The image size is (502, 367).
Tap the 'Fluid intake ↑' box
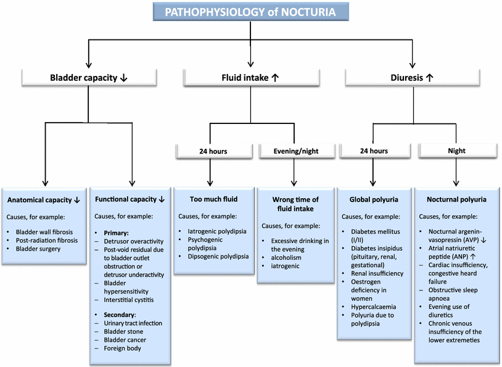coord(250,78)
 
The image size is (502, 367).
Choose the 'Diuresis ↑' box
coord(412,78)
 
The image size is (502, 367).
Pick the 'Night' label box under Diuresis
coord(457,151)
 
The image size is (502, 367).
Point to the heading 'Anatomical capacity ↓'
coord(45,200)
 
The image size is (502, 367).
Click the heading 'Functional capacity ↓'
coord(130,200)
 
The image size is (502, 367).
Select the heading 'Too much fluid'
coord(211,200)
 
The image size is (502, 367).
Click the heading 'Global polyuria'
coord(374,200)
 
